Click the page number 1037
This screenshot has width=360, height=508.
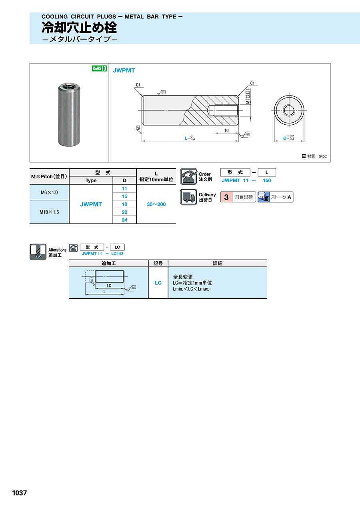coord(19,493)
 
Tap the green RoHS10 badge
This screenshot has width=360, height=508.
coord(99,68)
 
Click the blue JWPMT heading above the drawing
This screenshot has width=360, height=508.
coord(124,70)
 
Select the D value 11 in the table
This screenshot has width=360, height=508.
coord(124,188)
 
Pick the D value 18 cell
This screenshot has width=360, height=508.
coord(124,204)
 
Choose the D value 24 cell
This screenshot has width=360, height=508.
coord(124,220)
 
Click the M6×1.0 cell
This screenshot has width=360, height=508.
coord(49,192)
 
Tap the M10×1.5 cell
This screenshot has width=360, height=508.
coord(49,212)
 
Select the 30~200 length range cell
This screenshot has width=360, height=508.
coord(156,204)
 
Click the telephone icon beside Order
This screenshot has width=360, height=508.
coord(188,176)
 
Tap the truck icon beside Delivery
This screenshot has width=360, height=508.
coord(188,197)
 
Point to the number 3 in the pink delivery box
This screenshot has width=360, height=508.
coord(226,197)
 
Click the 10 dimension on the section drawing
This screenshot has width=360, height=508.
coord(226,131)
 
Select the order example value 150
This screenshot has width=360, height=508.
coord(266,180)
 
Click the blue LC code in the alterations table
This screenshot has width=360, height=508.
coord(158,283)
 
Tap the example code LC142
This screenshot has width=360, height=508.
coord(117,253)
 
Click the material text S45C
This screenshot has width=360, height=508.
coord(322,156)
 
